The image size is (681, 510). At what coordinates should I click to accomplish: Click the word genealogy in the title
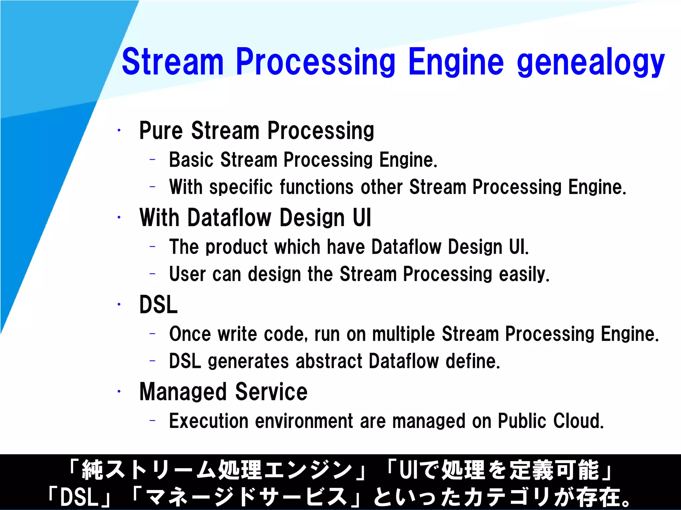coord(591,62)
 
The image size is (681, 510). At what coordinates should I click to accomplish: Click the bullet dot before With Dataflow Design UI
coord(119,218)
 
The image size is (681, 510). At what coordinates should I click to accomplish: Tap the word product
coord(236,247)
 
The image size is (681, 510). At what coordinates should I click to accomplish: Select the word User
coord(188,274)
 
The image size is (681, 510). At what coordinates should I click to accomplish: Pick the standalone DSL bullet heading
coord(159,304)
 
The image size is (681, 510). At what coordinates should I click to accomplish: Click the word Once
coord(190,334)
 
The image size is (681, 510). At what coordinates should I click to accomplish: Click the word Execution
coord(208,421)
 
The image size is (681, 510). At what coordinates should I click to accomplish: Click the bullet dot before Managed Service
coord(119,392)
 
